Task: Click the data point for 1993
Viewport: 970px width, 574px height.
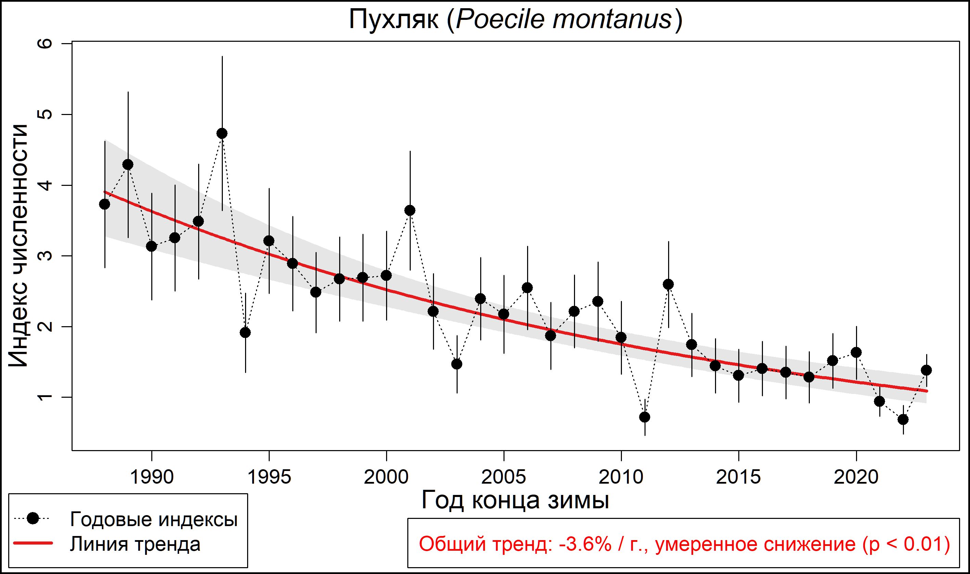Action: pyautogui.click(x=222, y=133)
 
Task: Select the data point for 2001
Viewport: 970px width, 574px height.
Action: pyautogui.click(x=410, y=211)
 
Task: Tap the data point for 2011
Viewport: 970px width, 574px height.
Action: pyautogui.click(x=645, y=417)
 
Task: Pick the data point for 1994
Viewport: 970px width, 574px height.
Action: pyautogui.click(x=245, y=333)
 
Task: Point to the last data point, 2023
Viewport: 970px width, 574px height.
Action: pyautogui.click(x=926, y=370)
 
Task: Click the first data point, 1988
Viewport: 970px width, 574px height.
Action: pyautogui.click(x=104, y=204)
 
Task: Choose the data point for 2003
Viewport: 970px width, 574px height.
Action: pyautogui.click(x=457, y=364)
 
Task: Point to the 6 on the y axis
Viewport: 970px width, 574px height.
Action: pyautogui.click(x=45, y=44)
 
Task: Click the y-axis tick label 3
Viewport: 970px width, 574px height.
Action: pyautogui.click(x=45, y=256)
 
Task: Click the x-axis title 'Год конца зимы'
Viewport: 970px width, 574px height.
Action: pyautogui.click(x=515, y=500)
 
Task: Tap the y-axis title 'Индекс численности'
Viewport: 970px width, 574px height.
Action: pyautogui.click(x=18, y=246)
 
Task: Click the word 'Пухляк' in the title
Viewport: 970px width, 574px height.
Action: pyautogui.click(x=394, y=20)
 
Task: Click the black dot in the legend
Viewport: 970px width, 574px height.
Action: pyautogui.click(x=33, y=519)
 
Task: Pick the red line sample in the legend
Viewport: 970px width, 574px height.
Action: pyautogui.click(x=33, y=544)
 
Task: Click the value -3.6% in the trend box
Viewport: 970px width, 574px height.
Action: pyautogui.click(x=585, y=544)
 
